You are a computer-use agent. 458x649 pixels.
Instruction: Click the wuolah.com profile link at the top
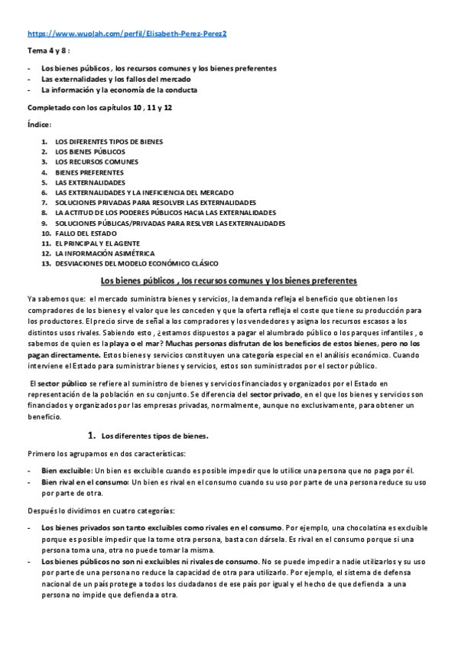coord(128,34)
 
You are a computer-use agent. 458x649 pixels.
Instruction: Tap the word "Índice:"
coord(40,124)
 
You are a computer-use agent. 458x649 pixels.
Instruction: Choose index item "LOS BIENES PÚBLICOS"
coord(89,152)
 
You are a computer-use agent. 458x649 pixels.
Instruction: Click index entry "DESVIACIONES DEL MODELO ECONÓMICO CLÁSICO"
coord(136,263)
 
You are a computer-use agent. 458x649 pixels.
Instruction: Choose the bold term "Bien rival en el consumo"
coord(85,483)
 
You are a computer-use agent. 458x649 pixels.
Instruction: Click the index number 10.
coord(46,233)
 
